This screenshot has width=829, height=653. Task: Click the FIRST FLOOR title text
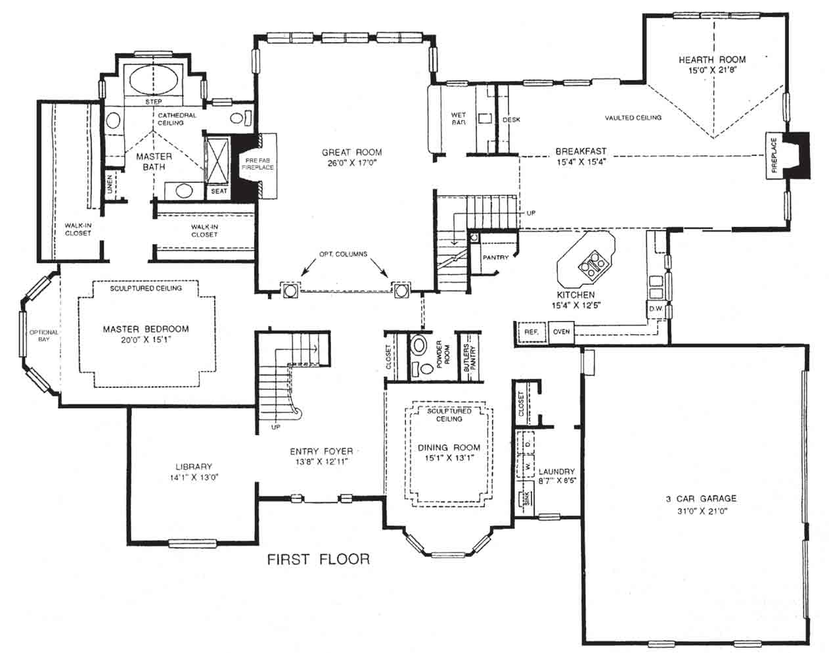(318, 559)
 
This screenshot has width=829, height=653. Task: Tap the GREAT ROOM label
(351, 153)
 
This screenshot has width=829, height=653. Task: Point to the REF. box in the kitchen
(531, 331)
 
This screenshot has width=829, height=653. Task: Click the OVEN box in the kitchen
(561, 331)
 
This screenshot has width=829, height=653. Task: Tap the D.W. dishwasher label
(656, 308)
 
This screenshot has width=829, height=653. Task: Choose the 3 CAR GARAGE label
(701, 498)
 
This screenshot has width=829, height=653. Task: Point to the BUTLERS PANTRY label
(470, 358)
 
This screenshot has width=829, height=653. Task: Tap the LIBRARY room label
(194, 467)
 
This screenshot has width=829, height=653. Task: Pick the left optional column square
(290, 291)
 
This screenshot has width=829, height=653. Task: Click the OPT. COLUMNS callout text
(344, 254)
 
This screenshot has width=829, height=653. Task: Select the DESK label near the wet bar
(511, 120)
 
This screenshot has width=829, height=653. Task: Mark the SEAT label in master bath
(219, 191)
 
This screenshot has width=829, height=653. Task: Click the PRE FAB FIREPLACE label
(258, 164)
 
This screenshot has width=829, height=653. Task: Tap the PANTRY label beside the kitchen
(496, 257)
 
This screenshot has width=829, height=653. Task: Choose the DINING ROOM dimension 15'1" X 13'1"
(449, 458)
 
